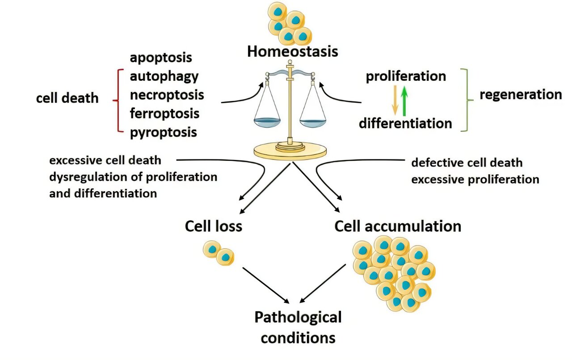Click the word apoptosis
coord(161,58)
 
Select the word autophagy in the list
coord(164,76)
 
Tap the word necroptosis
coord(167,95)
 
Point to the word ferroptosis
coord(164,113)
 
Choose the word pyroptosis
coord(163,133)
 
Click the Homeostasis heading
coord(292,51)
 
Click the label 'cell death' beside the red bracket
coord(67,98)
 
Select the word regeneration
coord(521,95)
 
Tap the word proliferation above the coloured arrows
coord(406,76)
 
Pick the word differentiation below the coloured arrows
coord(405,123)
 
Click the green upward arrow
coord(404,101)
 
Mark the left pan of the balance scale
coord(267,121)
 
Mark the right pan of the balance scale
coord(313,121)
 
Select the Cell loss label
coord(213,226)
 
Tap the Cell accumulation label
coord(398,226)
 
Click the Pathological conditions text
coord(298,327)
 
